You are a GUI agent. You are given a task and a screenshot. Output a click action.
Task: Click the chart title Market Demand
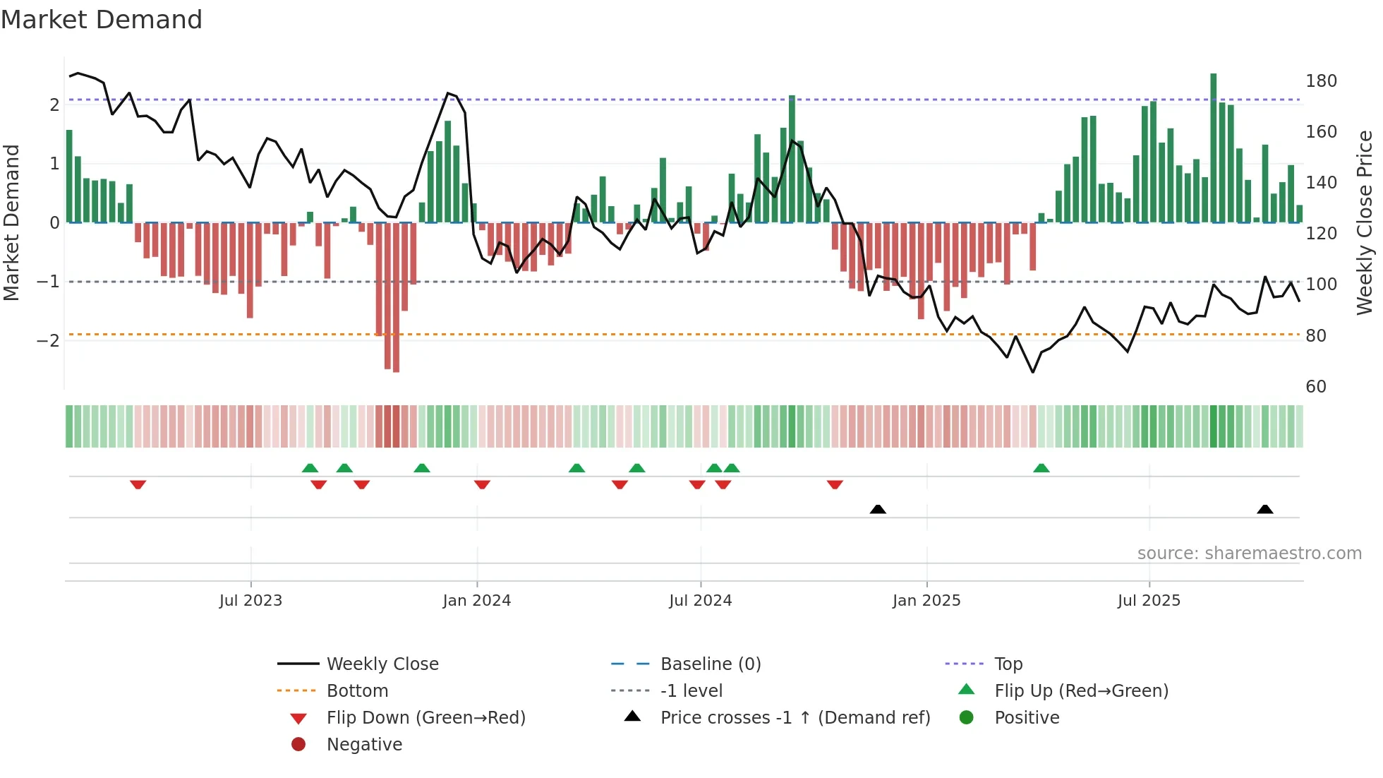pyautogui.click(x=102, y=19)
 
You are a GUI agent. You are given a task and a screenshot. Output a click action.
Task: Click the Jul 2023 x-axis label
pyautogui.click(x=250, y=601)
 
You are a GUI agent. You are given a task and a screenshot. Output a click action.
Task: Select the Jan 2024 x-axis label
pyautogui.click(x=476, y=601)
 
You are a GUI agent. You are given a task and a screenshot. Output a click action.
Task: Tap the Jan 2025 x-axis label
pyautogui.click(x=926, y=601)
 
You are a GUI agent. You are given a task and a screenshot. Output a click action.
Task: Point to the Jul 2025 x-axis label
pyautogui.click(x=1148, y=601)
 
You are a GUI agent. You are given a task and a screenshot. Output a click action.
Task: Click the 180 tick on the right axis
pyautogui.click(x=1321, y=81)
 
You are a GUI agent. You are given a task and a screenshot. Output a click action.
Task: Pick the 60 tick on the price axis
pyautogui.click(x=1315, y=387)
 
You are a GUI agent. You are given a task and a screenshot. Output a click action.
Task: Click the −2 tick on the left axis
pyautogui.click(x=48, y=341)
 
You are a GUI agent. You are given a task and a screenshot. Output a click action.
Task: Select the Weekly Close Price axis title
pyautogui.click(x=1365, y=222)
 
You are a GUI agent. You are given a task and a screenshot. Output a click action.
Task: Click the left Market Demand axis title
pyautogui.click(x=11, y=222)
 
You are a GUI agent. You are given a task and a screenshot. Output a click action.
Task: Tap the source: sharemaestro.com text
pyautogui.click(x=1249, y=553)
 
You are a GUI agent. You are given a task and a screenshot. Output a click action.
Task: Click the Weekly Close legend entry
pyautogui.click(x=382, y=664)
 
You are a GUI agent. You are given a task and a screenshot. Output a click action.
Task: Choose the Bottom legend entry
pyautogui.click(x=357, y=691)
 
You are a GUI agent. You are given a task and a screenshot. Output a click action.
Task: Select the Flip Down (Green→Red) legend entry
pyautogui.click(x=425, y=718)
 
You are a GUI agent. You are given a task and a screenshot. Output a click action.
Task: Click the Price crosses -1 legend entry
pyautogui.click(x=795, y=718)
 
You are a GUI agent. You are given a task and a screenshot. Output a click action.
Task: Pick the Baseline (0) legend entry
pyautogui.click(x=710, y=664)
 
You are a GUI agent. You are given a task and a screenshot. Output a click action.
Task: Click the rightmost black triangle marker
pyautogui.click(x=1264, y=509)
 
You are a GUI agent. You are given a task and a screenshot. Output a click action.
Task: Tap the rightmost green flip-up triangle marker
pyautogui.click(x=1041, y=468)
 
